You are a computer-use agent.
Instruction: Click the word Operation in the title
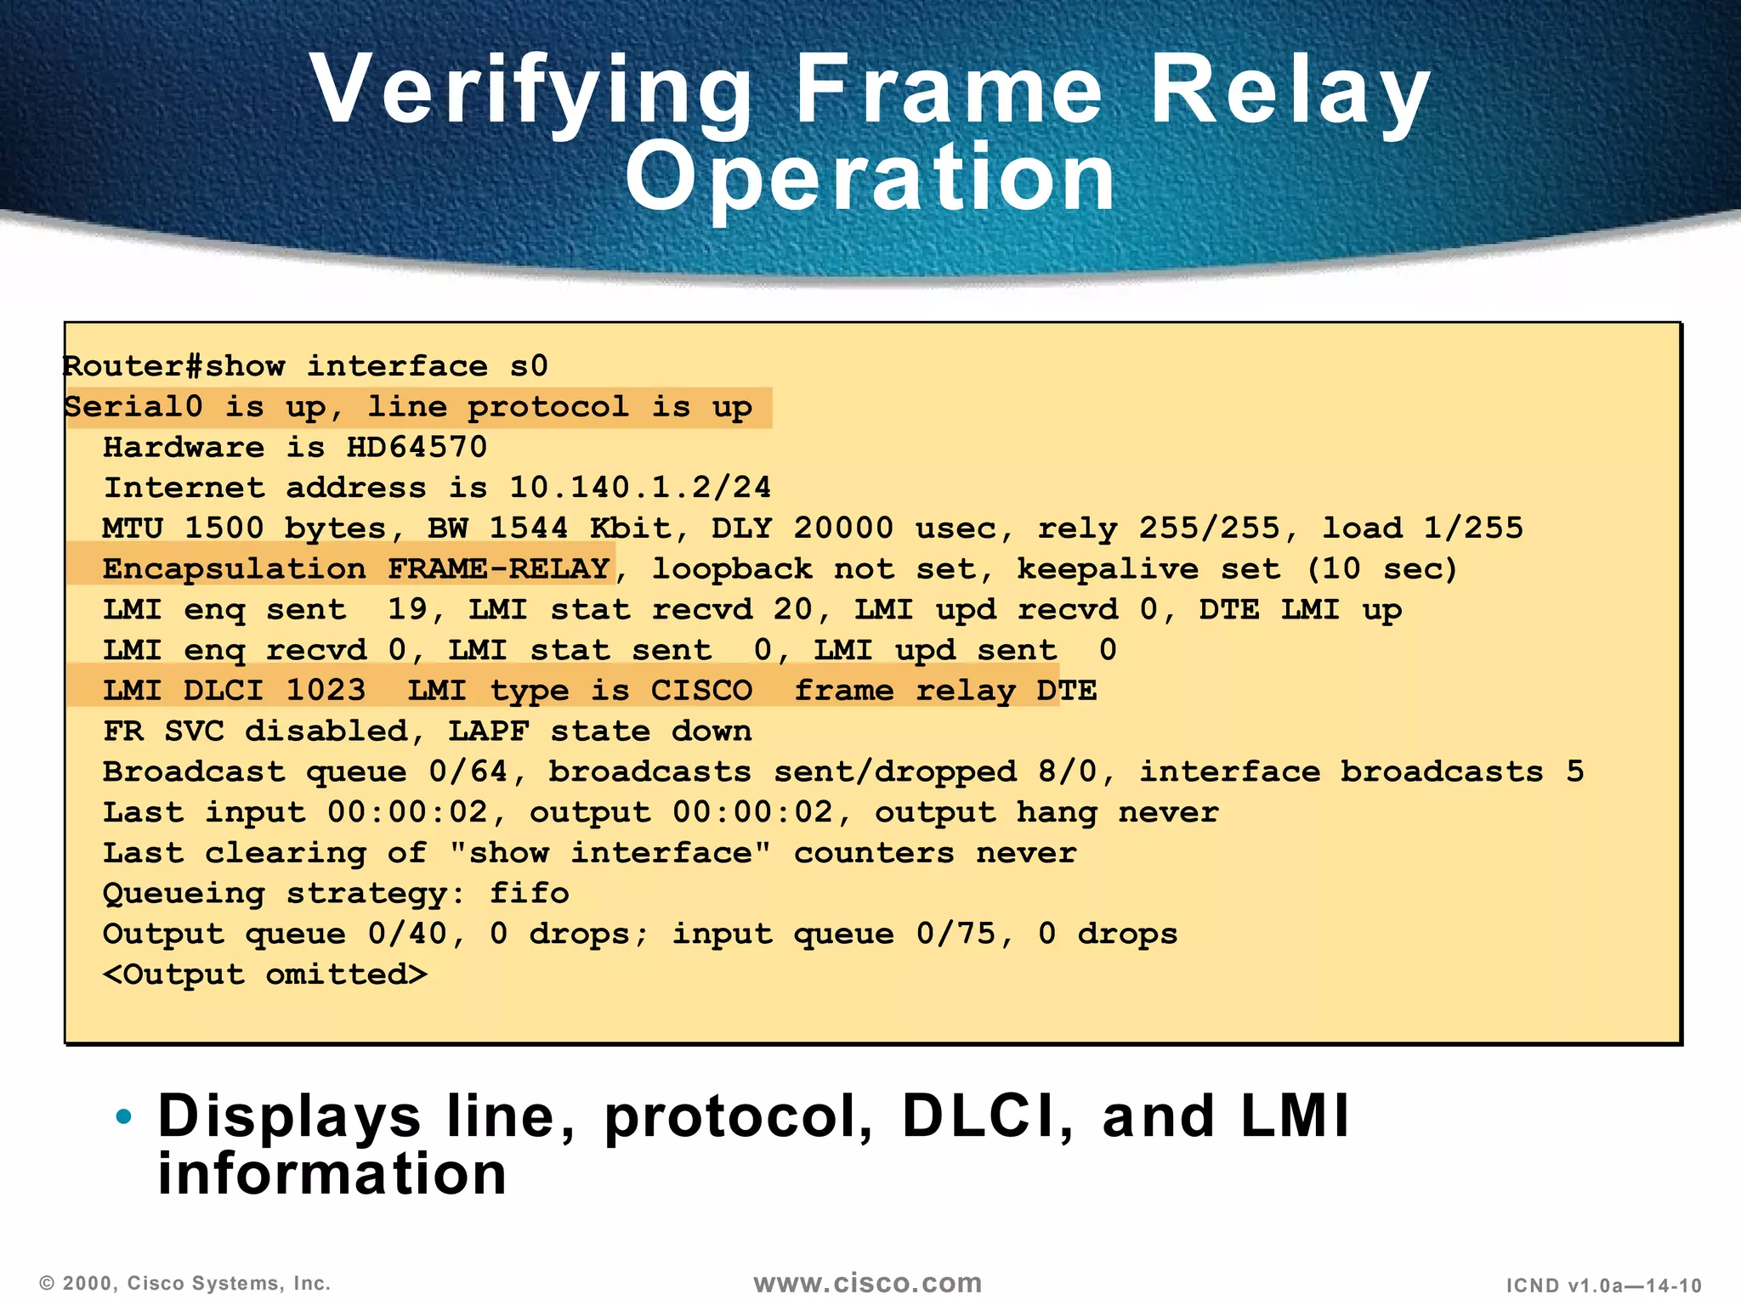pyautogui.click(x=870, y=178)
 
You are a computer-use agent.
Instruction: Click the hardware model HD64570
pyautogui.click(x=417, y=448)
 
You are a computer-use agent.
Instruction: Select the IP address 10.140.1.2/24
pyautogui.click(x=640, y=488)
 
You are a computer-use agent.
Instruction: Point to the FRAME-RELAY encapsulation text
pyautogui.click(x=499, y=568)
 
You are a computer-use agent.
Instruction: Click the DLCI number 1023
pyautogui.click(x=326, y=690)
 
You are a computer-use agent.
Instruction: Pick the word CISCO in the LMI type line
pyautogui.click(x=701, y=690)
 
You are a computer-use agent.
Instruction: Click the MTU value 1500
pyautogui.click(x=224, y=528)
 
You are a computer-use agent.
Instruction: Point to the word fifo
pyautogui.click(x=529, y=894)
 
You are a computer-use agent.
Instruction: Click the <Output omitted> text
pyautogui.click(x=265, y=975)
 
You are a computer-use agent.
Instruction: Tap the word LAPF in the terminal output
pyautogui.click(x=488, y=731)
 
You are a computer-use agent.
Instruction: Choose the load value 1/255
pyautogui.click(x=1473, y=528)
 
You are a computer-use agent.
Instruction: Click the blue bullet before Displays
pyautogui.click(x=124, y=1116)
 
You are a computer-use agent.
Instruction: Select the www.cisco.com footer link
pyautogui.click(x=868, y=1283)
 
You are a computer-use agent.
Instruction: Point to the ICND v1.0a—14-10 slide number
pyautogui.click(x=1604, y=1285)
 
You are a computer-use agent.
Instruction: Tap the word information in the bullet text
pyautogui.click(x=332, y=1175)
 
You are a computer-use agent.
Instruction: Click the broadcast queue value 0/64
pyautogui.click(x=468, y=771)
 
